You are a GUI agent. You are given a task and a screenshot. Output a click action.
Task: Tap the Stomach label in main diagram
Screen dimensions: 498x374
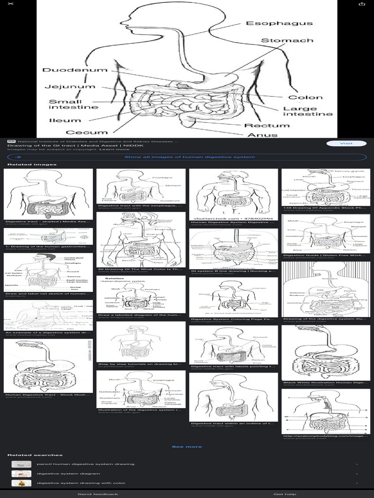(287, 40)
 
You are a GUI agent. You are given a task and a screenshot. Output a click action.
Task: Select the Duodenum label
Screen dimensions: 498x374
(75, 70)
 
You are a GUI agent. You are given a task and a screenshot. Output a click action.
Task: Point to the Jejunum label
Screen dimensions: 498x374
(70, 87)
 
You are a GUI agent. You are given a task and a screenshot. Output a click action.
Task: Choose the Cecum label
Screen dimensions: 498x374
(87, 132)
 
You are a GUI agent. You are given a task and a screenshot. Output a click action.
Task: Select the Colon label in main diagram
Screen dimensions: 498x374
(305, 97)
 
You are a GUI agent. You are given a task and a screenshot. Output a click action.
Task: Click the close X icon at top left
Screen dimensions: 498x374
(11, 4)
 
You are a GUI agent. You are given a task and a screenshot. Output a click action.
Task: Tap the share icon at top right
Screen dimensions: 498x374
(362, 4)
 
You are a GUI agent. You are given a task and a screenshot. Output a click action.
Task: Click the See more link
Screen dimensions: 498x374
(187, 446)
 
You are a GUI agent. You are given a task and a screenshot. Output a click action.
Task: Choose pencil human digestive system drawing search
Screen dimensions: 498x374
(86, 464)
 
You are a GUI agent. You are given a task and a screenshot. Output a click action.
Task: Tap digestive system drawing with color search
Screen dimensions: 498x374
(81, 483)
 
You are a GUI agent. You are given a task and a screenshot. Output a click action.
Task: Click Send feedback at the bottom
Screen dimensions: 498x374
(97, 494)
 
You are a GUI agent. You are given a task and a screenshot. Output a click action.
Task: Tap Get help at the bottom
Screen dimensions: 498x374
(284, 494)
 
